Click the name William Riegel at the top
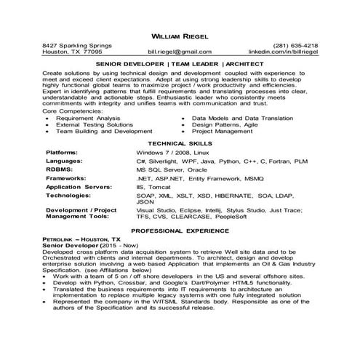[180, 34]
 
